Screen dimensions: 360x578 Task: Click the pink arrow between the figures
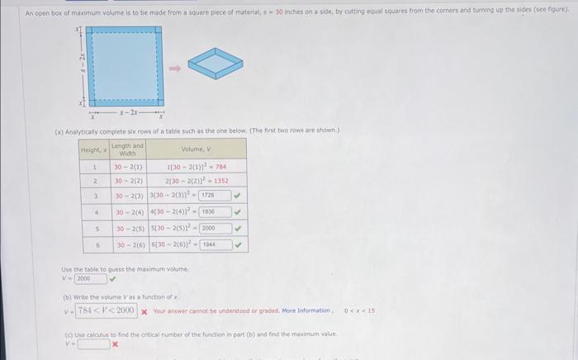coord(175,69)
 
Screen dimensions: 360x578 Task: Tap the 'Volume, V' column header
coord(196,149)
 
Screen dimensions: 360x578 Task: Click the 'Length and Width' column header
coord(127,149)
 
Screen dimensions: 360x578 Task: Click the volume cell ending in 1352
coord(196,180)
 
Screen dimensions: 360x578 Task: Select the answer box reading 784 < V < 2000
coord(107,310)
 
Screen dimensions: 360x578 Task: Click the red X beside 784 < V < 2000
coord(144,310)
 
